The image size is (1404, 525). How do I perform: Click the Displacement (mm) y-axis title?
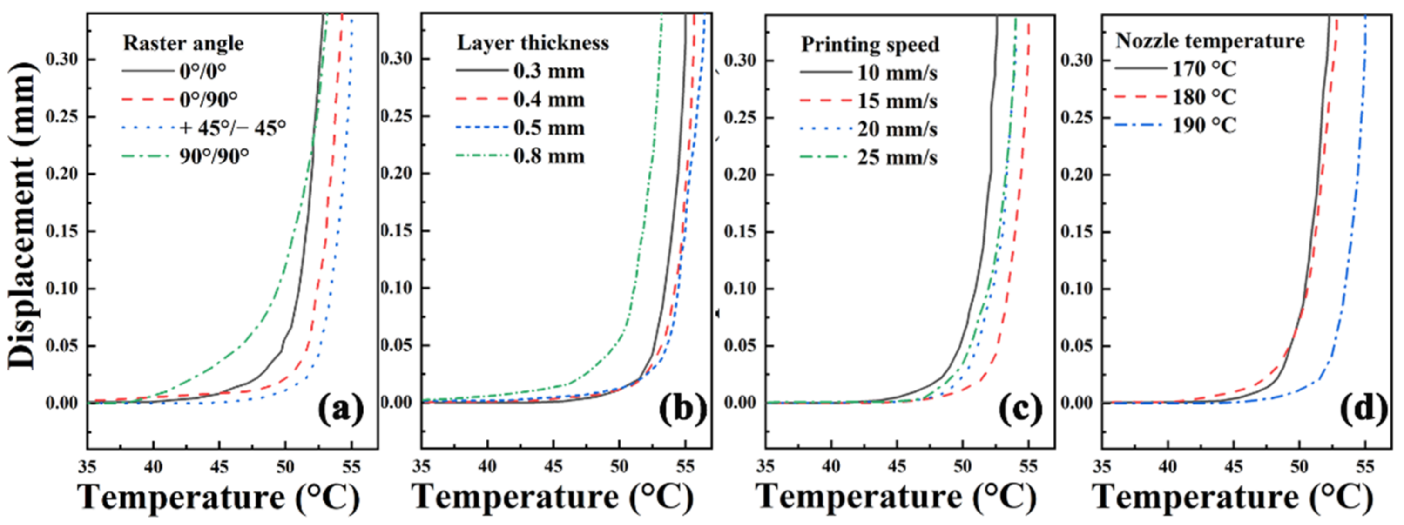click(22, 215)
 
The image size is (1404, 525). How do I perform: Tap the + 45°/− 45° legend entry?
click(232, 128)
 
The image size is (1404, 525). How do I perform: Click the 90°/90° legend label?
click(214, 156)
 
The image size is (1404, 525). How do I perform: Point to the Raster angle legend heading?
click(183, 43)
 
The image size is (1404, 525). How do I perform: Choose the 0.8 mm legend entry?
click(548, 156)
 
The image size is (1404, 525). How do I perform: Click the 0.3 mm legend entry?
click(548, 71)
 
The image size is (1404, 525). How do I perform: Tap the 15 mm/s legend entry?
click(897, 101)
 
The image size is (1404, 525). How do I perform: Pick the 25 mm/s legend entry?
click(897, 158)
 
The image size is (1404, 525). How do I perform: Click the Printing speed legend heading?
click(870, 45)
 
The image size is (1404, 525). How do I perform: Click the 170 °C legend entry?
click(1204, 69)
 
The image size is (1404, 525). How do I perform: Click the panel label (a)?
click(341, 410)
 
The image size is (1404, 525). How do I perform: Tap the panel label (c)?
click(1020, 410)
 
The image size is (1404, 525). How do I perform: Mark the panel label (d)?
click(1363, 410)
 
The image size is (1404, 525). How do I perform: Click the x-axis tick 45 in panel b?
click(553, 467)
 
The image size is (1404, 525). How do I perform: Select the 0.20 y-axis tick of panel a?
click(62, 174)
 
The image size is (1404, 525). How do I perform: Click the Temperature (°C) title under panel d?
click(1232, 497)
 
